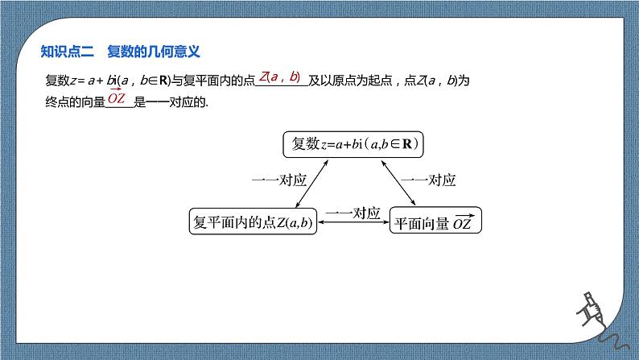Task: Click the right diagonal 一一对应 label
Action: pos(428,180)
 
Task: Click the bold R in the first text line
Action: pos(161,81)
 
